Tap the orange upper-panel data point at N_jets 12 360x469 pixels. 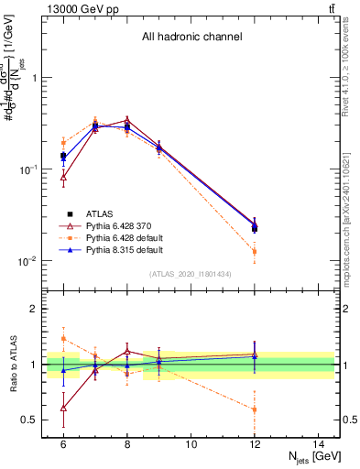255,251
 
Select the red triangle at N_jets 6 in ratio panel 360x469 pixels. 63,408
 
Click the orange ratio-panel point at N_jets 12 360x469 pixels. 255,409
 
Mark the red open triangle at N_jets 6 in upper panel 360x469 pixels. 63,178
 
